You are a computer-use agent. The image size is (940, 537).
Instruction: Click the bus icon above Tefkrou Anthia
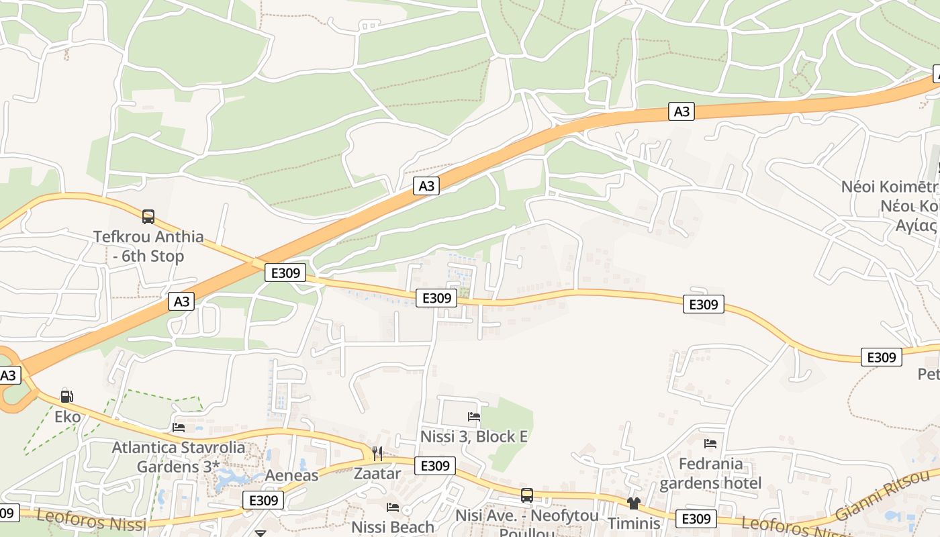pos(148,217)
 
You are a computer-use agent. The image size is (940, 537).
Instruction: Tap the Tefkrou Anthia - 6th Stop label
pos(148,246)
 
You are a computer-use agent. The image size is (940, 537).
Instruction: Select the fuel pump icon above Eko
pos(66,396)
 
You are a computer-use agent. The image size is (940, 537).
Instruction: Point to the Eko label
pos(67,417)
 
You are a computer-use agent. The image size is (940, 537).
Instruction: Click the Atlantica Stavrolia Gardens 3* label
pos(178,456)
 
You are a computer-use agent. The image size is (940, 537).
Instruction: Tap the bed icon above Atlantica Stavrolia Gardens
pos(179,427)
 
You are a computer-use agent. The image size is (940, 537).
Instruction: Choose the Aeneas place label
pos(291,475)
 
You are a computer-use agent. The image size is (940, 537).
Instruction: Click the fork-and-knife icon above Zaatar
pos(377,454)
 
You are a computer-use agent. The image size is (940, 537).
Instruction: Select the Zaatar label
pos(377,473)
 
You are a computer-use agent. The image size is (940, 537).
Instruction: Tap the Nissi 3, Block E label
pos(474,436)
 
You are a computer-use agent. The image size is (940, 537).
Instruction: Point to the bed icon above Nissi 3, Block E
pos(474,417)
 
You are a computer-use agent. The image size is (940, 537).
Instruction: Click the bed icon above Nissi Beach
pos(393,507)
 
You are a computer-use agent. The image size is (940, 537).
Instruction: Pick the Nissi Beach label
pos(393,527)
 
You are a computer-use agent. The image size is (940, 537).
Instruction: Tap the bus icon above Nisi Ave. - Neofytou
pos(527,495)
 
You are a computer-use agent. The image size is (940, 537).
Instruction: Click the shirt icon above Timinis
pos(634,503)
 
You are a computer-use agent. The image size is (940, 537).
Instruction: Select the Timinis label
pos(634,523)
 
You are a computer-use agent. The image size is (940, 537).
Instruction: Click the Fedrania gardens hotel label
pos(710,473)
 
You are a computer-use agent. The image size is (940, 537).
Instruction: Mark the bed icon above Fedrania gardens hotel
pos(710,444)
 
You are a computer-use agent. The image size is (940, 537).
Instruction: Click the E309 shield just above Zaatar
pos(435,465)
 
